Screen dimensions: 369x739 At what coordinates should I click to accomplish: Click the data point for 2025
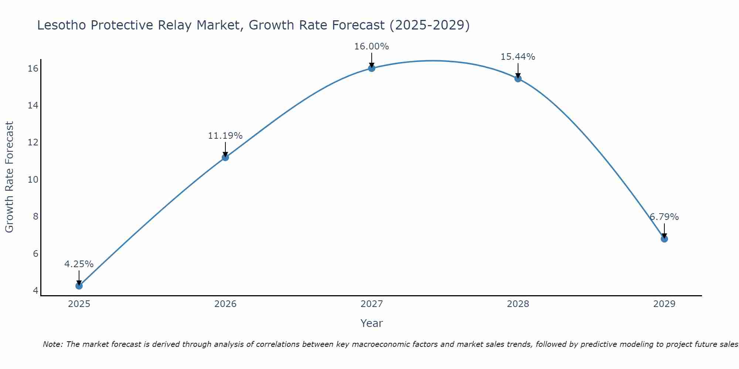pos(79,286)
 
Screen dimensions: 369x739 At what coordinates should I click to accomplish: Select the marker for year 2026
pos(225,158)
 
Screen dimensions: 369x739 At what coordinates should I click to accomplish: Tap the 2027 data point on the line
pos(372,68)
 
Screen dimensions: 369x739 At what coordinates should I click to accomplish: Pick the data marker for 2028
pos(518,79)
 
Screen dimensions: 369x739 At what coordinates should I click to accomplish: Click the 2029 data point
pos(664,239)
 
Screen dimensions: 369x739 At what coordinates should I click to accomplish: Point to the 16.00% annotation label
pos(371,46)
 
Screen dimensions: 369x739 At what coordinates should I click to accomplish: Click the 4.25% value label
pos(79,264)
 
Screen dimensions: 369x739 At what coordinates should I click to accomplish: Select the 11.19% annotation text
pos(225,136)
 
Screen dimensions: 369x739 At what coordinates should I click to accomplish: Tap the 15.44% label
pos(518,57)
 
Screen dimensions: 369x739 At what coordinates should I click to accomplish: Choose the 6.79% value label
pos(664,217)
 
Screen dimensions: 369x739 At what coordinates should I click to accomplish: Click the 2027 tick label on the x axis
pos(372,304)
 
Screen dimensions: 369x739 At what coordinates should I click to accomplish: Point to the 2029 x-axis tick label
pos(664,304)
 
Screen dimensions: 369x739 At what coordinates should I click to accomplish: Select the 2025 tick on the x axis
pos(79,304)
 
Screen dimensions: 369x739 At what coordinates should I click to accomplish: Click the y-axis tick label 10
pos(33,180)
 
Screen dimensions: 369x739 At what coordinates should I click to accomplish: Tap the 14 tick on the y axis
pos(33,106)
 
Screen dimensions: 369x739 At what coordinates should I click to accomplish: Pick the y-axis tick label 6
pos(35,254)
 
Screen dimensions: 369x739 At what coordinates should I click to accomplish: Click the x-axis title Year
pos(371,323)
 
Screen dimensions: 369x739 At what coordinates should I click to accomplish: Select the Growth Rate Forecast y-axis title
pos(10,177)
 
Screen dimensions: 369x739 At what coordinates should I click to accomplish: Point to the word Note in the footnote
pos(53,345)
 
